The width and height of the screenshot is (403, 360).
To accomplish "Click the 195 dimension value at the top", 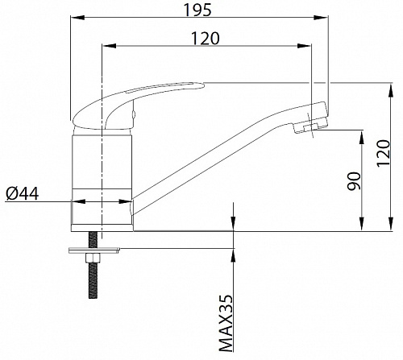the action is pyautogui.click(x=197, y=10).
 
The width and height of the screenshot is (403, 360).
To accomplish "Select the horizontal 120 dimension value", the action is pyautogui.click(x=206, y=39).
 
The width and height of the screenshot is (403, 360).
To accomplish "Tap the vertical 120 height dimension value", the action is pyautogui.click(x=383, y=153).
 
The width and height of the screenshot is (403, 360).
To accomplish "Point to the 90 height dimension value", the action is pyautogui.click(x=354, y=181).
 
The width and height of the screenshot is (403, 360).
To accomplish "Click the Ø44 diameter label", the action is pyautogui.click(x=23, y=193).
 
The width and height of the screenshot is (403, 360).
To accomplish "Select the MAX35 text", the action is pyautogui.click(x=226, y=323).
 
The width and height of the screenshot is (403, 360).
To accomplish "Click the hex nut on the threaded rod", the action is pyautogui.click(x=93, y=259).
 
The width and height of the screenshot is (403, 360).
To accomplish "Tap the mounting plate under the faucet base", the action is pyautogui.click(x=94, y=250).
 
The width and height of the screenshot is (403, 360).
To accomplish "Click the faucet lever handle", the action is pyautogui.click(x=135, y=105).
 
